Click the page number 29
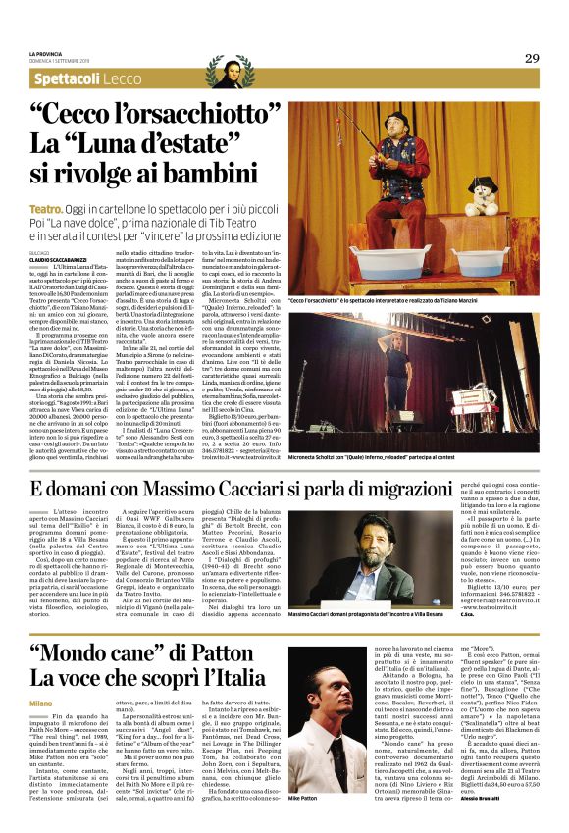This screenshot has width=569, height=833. pyautogui.click(x=531, y=58)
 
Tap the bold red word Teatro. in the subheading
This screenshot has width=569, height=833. pyautogui.click(x=46, y=210)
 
